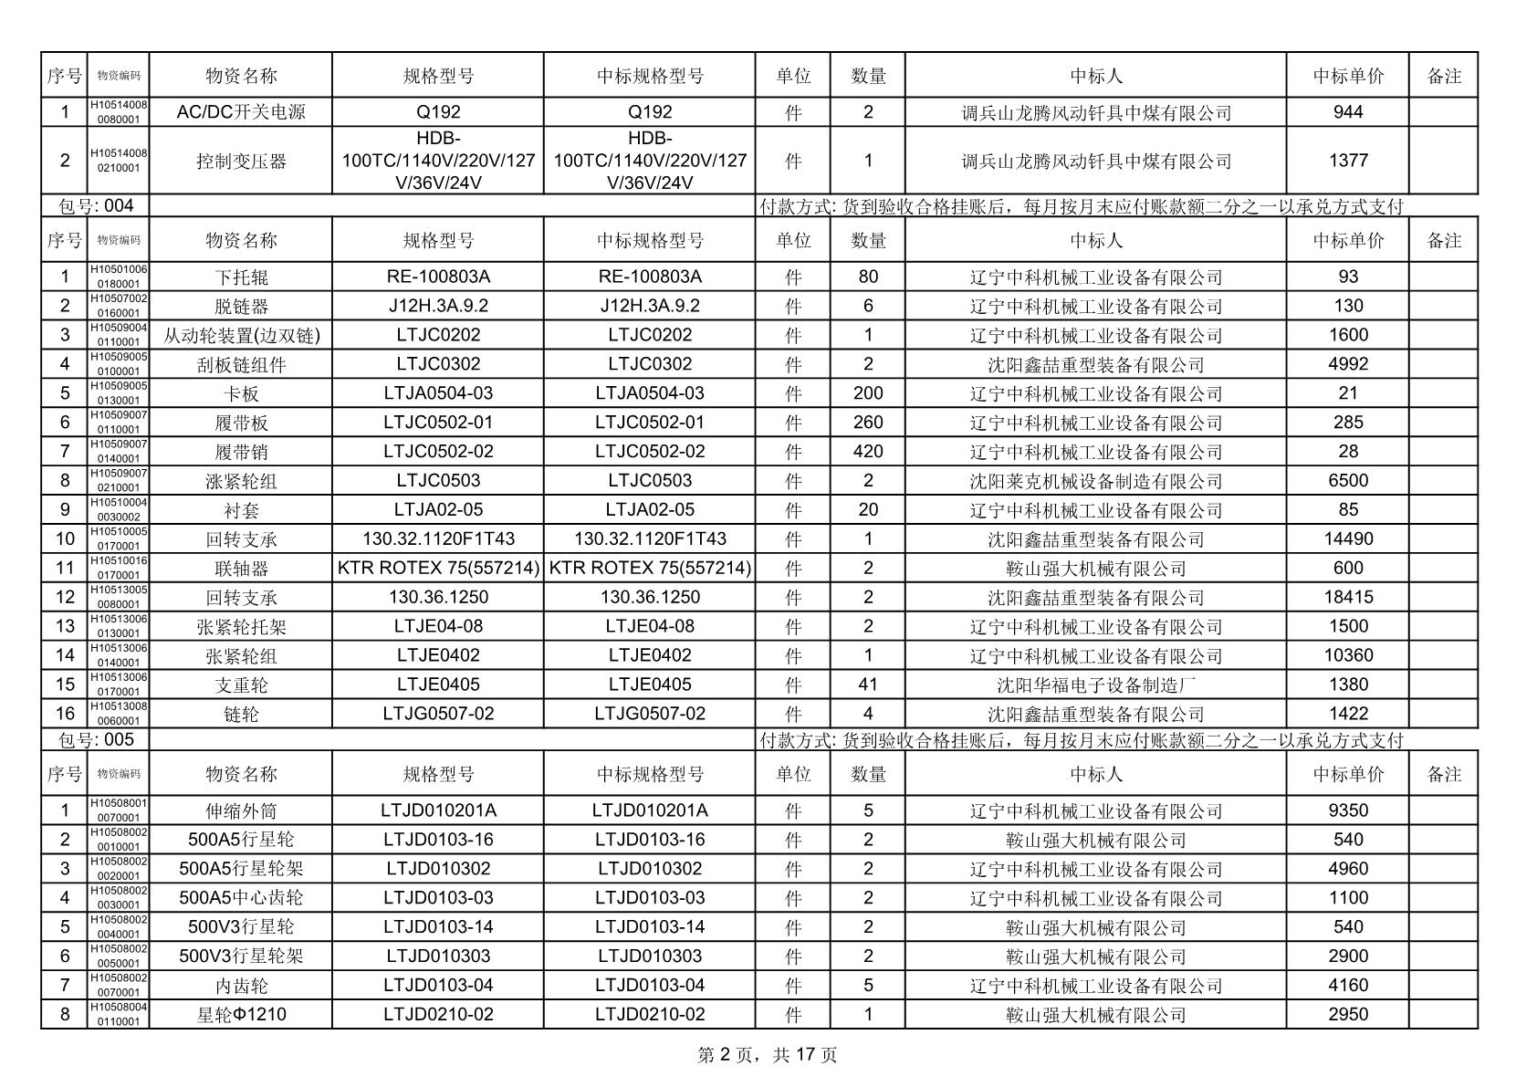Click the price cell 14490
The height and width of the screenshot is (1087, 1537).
click(1347, 538)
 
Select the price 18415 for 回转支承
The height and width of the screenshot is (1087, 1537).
click(1347, 597)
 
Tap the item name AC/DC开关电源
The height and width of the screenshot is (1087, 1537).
click(241, 112)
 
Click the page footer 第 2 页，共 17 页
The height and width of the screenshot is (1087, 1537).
click(767, 1055)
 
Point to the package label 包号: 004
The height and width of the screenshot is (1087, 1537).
click(96, 206)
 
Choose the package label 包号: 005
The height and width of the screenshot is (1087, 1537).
click(96, 739)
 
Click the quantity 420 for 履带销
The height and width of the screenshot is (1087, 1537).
click(867, 451)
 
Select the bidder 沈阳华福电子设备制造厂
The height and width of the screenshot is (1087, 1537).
click(1095, 685)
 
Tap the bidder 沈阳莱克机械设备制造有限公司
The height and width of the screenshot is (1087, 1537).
click(1095, 480)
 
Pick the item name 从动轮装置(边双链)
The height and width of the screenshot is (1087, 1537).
click(241, 335)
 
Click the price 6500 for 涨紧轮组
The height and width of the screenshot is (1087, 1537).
click(1347, 480)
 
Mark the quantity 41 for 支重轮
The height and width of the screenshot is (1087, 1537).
click(867, 685)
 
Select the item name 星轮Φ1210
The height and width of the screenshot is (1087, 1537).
click(241, 1014)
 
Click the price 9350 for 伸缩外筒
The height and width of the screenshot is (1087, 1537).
click(1347, 810)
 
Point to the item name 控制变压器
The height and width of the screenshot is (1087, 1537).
click(241, 161)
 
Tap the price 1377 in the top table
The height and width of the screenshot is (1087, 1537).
click(1347, 161)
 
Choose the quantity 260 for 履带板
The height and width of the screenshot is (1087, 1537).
click(867, 422)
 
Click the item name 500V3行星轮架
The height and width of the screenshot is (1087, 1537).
click(241, 956)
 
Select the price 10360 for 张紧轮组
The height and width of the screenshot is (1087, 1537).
click(1347, 655)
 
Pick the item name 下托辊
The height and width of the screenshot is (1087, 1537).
click(241, 277)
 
